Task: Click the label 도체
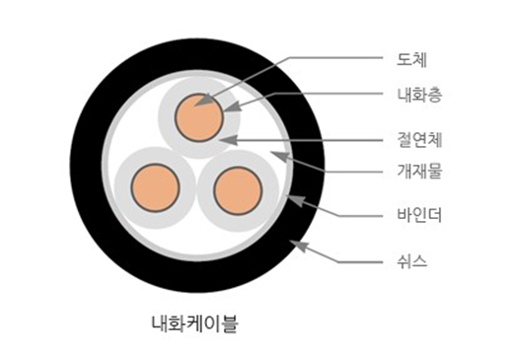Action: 411,60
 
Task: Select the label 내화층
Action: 419,95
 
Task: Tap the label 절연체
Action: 419,140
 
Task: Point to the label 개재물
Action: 419,172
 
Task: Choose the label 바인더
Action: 419,215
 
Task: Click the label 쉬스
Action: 411,261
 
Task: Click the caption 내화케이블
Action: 194,324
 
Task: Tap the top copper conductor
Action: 199,117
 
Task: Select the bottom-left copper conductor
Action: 155,187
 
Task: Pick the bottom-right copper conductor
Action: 238,190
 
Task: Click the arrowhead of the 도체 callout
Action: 204,101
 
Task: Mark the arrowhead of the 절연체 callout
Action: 228,140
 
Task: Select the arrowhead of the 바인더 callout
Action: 296,200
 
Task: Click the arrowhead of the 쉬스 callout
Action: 299,246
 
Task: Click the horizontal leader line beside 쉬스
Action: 360,262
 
